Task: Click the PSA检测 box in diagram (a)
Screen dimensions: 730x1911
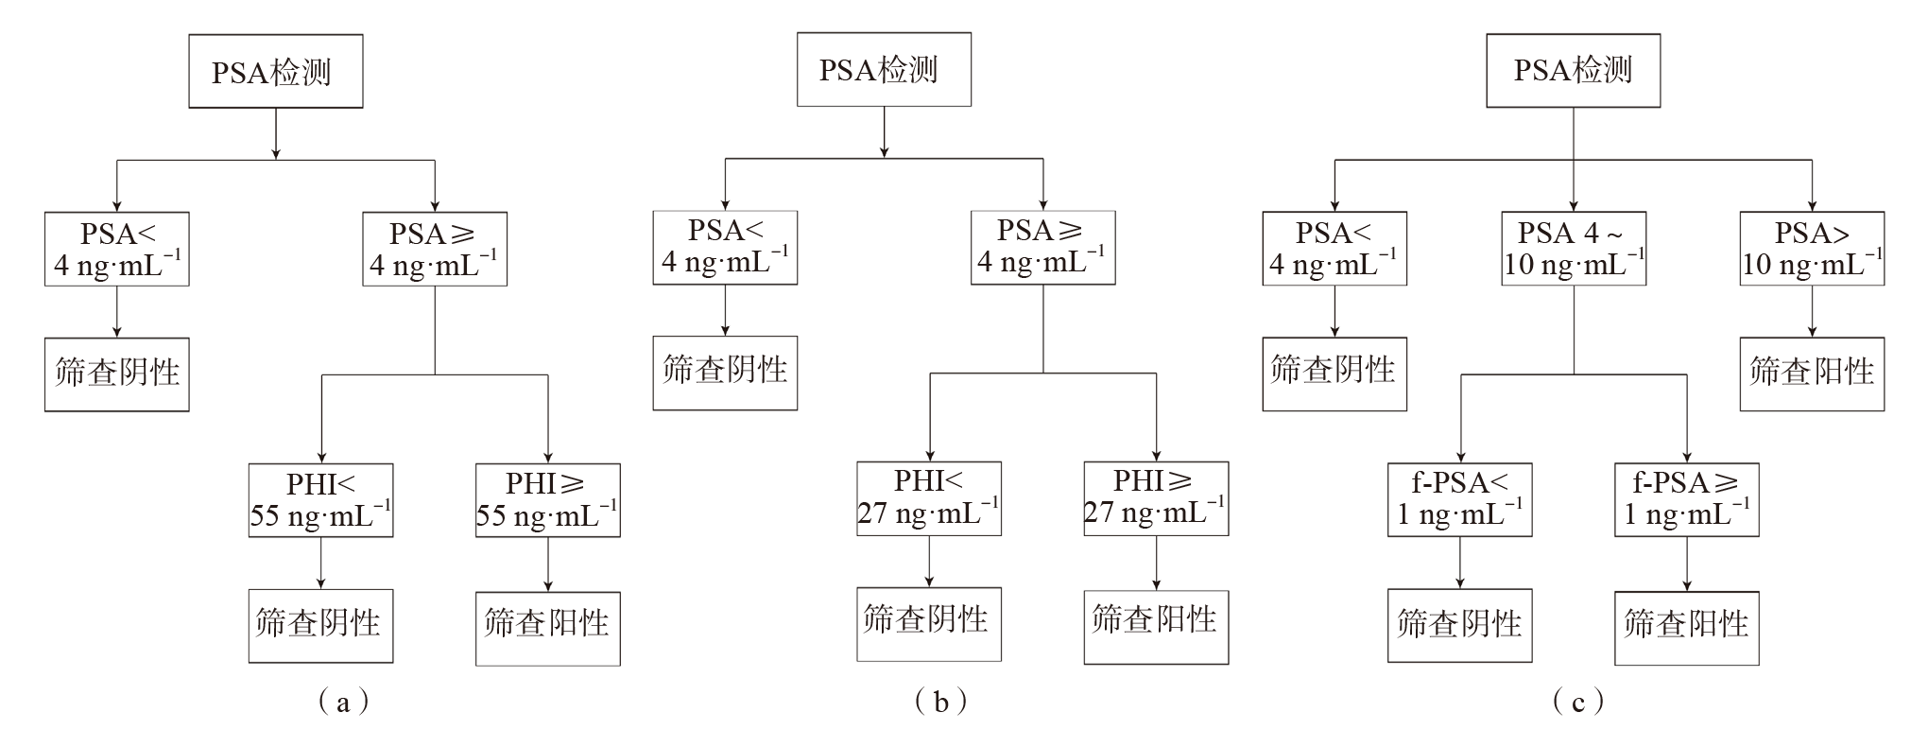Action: tap(275, 72)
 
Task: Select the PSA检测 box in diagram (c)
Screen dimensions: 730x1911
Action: tap(1573, 71)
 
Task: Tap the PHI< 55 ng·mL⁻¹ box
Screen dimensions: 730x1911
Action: tap(320, 500)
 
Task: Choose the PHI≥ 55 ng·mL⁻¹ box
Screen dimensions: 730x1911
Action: tap(547, 500)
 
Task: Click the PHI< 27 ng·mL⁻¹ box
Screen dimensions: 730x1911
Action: tap(928, 498)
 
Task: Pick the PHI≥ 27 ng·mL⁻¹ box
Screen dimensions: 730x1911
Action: tap(1155, 498)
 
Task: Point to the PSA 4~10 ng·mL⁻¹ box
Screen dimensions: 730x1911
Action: tap(1574, 249)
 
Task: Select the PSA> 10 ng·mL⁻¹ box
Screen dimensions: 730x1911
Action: tap(1812, 249)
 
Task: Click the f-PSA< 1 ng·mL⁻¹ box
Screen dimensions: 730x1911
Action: tap(1459, 500)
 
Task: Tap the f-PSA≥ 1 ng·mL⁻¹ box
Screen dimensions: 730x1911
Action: tap(1686, 500)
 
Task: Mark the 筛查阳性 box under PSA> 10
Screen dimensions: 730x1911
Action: tap(1812, 374)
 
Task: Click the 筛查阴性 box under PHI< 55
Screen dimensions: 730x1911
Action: tap(320, 626)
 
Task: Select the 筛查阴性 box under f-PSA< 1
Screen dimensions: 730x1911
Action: tap(1459, 626)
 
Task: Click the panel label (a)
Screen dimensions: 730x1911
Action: tap(343, 702)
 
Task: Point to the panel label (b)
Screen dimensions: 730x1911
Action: tap(941, 702)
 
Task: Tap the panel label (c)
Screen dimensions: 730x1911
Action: tap(1577, 702)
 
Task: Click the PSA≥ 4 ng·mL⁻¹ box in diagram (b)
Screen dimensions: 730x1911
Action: tap(1042, 248)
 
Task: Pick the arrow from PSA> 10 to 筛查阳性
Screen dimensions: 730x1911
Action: tap(1812, 311)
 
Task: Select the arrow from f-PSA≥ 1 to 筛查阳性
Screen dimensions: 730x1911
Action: tap(1687, 564)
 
